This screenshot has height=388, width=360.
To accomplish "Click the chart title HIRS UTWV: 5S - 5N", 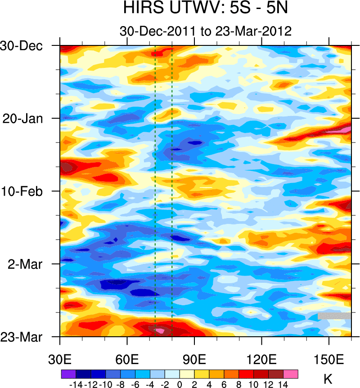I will (206, 9).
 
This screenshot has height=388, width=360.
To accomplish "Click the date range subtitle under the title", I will (206, 31).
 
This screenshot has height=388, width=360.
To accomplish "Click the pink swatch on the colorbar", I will (291, 374).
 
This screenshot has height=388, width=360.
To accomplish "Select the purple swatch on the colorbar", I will (68, 374).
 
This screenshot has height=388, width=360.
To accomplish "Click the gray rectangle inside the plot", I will (334, 316).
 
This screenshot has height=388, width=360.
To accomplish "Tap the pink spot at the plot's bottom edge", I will (160, 331).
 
